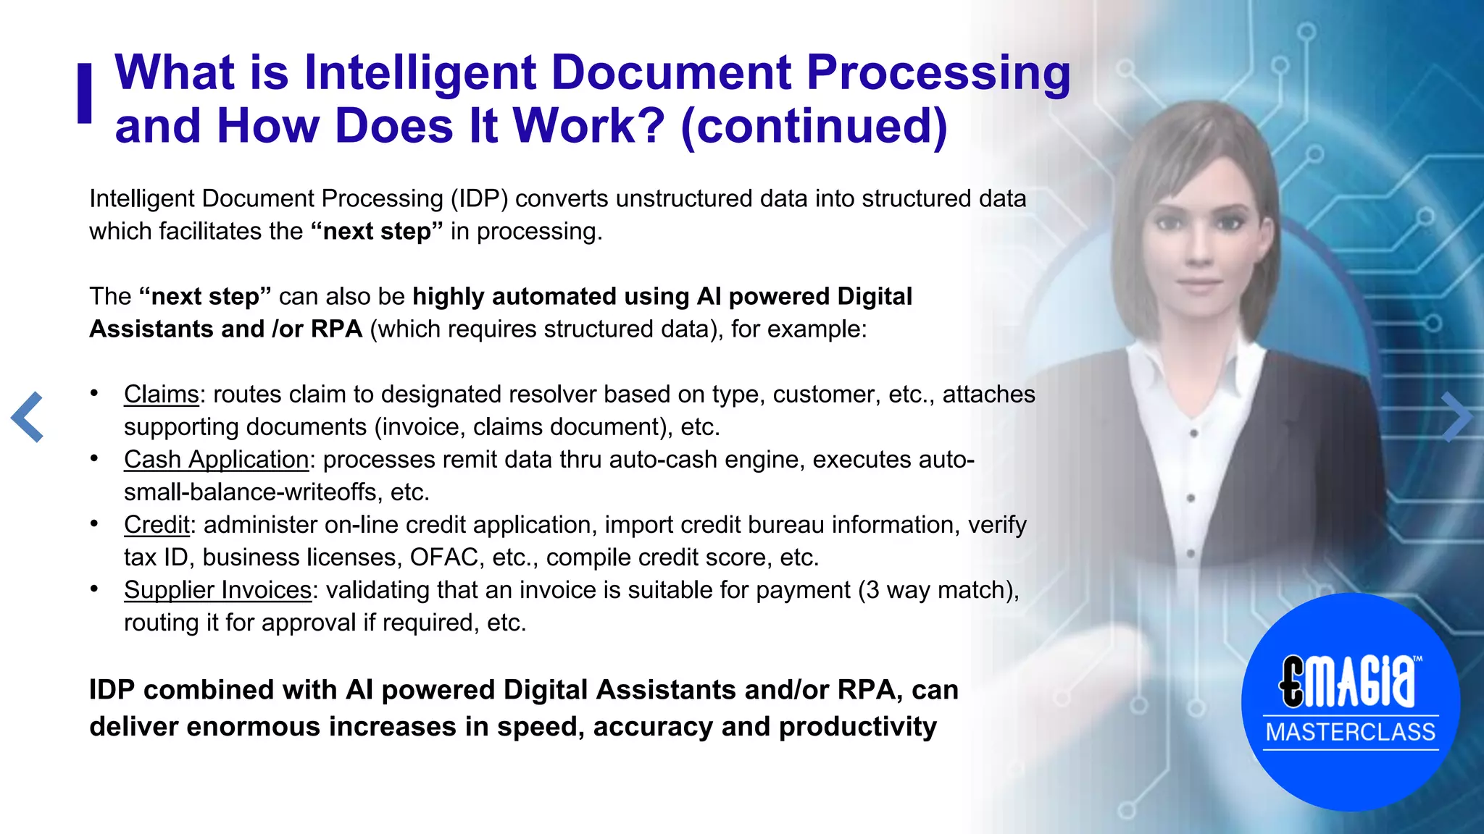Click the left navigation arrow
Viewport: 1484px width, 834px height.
pyautogui.click(x=28, y=417)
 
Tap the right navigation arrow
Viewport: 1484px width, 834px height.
pyautogui.click(x=1456, y=417)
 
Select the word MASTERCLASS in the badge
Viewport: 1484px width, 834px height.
pyautogui.click(x=1350, y=732)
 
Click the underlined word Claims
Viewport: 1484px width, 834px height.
pyautogui.click(x=161, y=394)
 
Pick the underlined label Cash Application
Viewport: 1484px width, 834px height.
pyautogui.click(x=216, y=459)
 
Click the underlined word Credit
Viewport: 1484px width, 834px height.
pyautogui.click(x=157, y=524)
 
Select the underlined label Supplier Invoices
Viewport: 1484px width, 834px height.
pyautogui.click(x=217, y=589)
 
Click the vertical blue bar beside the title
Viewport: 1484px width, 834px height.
pyautogui.click(x=85, y=93)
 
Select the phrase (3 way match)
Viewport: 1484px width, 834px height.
pyautogui.click(x=935, y=590)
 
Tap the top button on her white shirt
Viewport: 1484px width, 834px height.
pyautogui.click(x=1193, y=433)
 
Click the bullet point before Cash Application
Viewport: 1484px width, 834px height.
pyautogui.click(x=94, y=458)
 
